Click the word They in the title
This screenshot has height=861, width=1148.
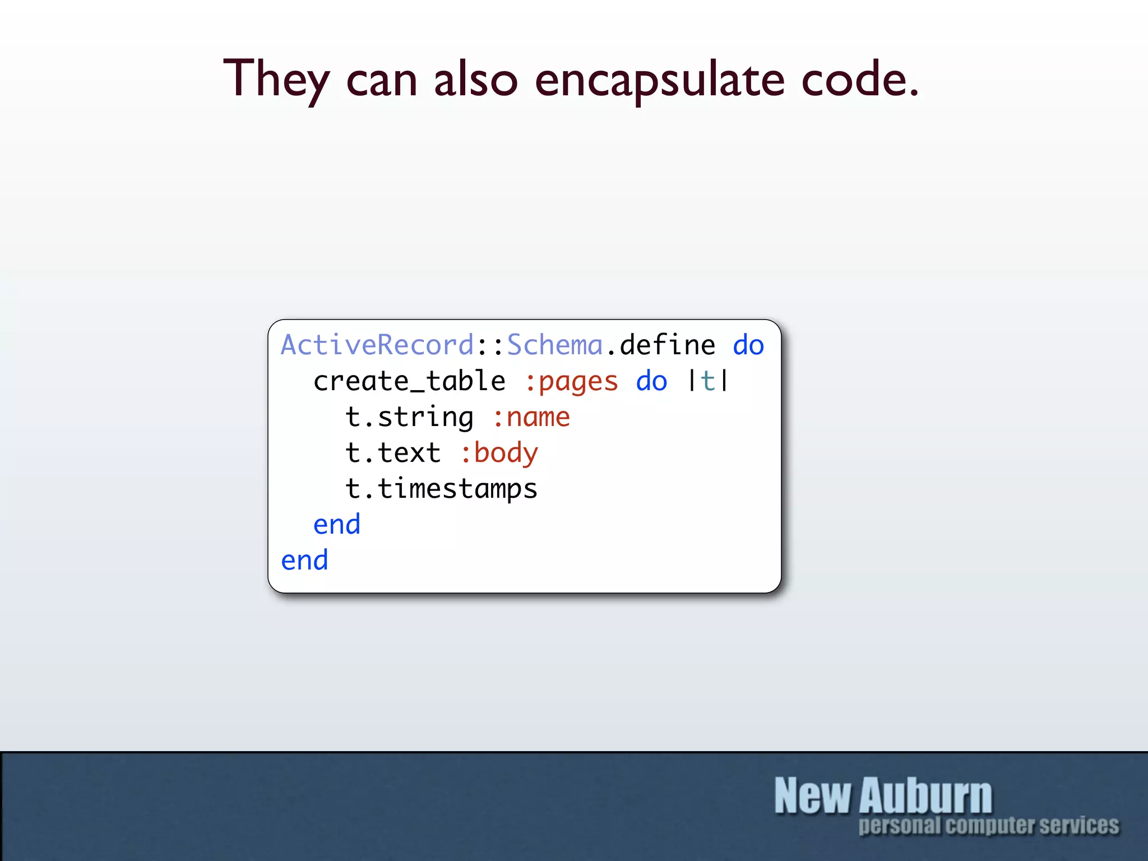click(x=276, y=80)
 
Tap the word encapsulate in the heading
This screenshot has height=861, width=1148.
click(x=659, y=80)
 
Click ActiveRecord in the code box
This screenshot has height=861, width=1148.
click(x=377, y=345)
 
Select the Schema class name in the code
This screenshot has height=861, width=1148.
click(x=554, y=345)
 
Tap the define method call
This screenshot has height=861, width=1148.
click(x=667, y=345)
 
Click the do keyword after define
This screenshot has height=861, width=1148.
click(x=748, y=345)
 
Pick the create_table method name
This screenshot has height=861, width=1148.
click(x=409, y=381)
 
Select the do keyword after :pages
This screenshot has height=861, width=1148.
click(x=651, y=381)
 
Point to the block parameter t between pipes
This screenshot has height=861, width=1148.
click(x=708, y=381)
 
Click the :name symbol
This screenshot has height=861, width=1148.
click(x=531, y=417)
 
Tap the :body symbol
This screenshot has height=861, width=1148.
click(x=499, y=453)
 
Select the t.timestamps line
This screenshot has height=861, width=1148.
click(x=441, y=489)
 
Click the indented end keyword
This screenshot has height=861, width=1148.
click(x=336, y=525)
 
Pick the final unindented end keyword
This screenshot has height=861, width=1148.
click(x=304, y=561)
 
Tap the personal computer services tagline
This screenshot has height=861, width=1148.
click(x=988, y=826)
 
